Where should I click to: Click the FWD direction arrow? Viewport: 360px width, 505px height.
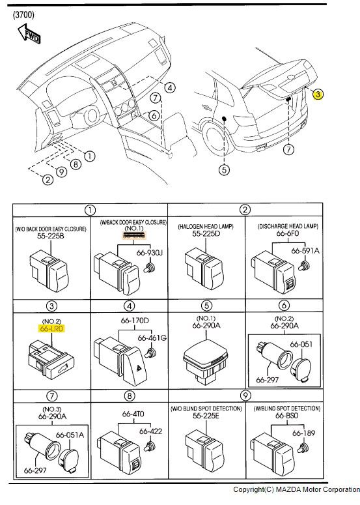29,33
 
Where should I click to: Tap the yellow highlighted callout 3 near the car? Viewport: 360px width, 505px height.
318,94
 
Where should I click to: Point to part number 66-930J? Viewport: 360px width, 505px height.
148,252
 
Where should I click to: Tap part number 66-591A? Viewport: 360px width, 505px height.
304,250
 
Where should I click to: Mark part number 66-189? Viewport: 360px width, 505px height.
304,433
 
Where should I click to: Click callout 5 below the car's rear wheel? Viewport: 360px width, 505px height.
223,171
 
